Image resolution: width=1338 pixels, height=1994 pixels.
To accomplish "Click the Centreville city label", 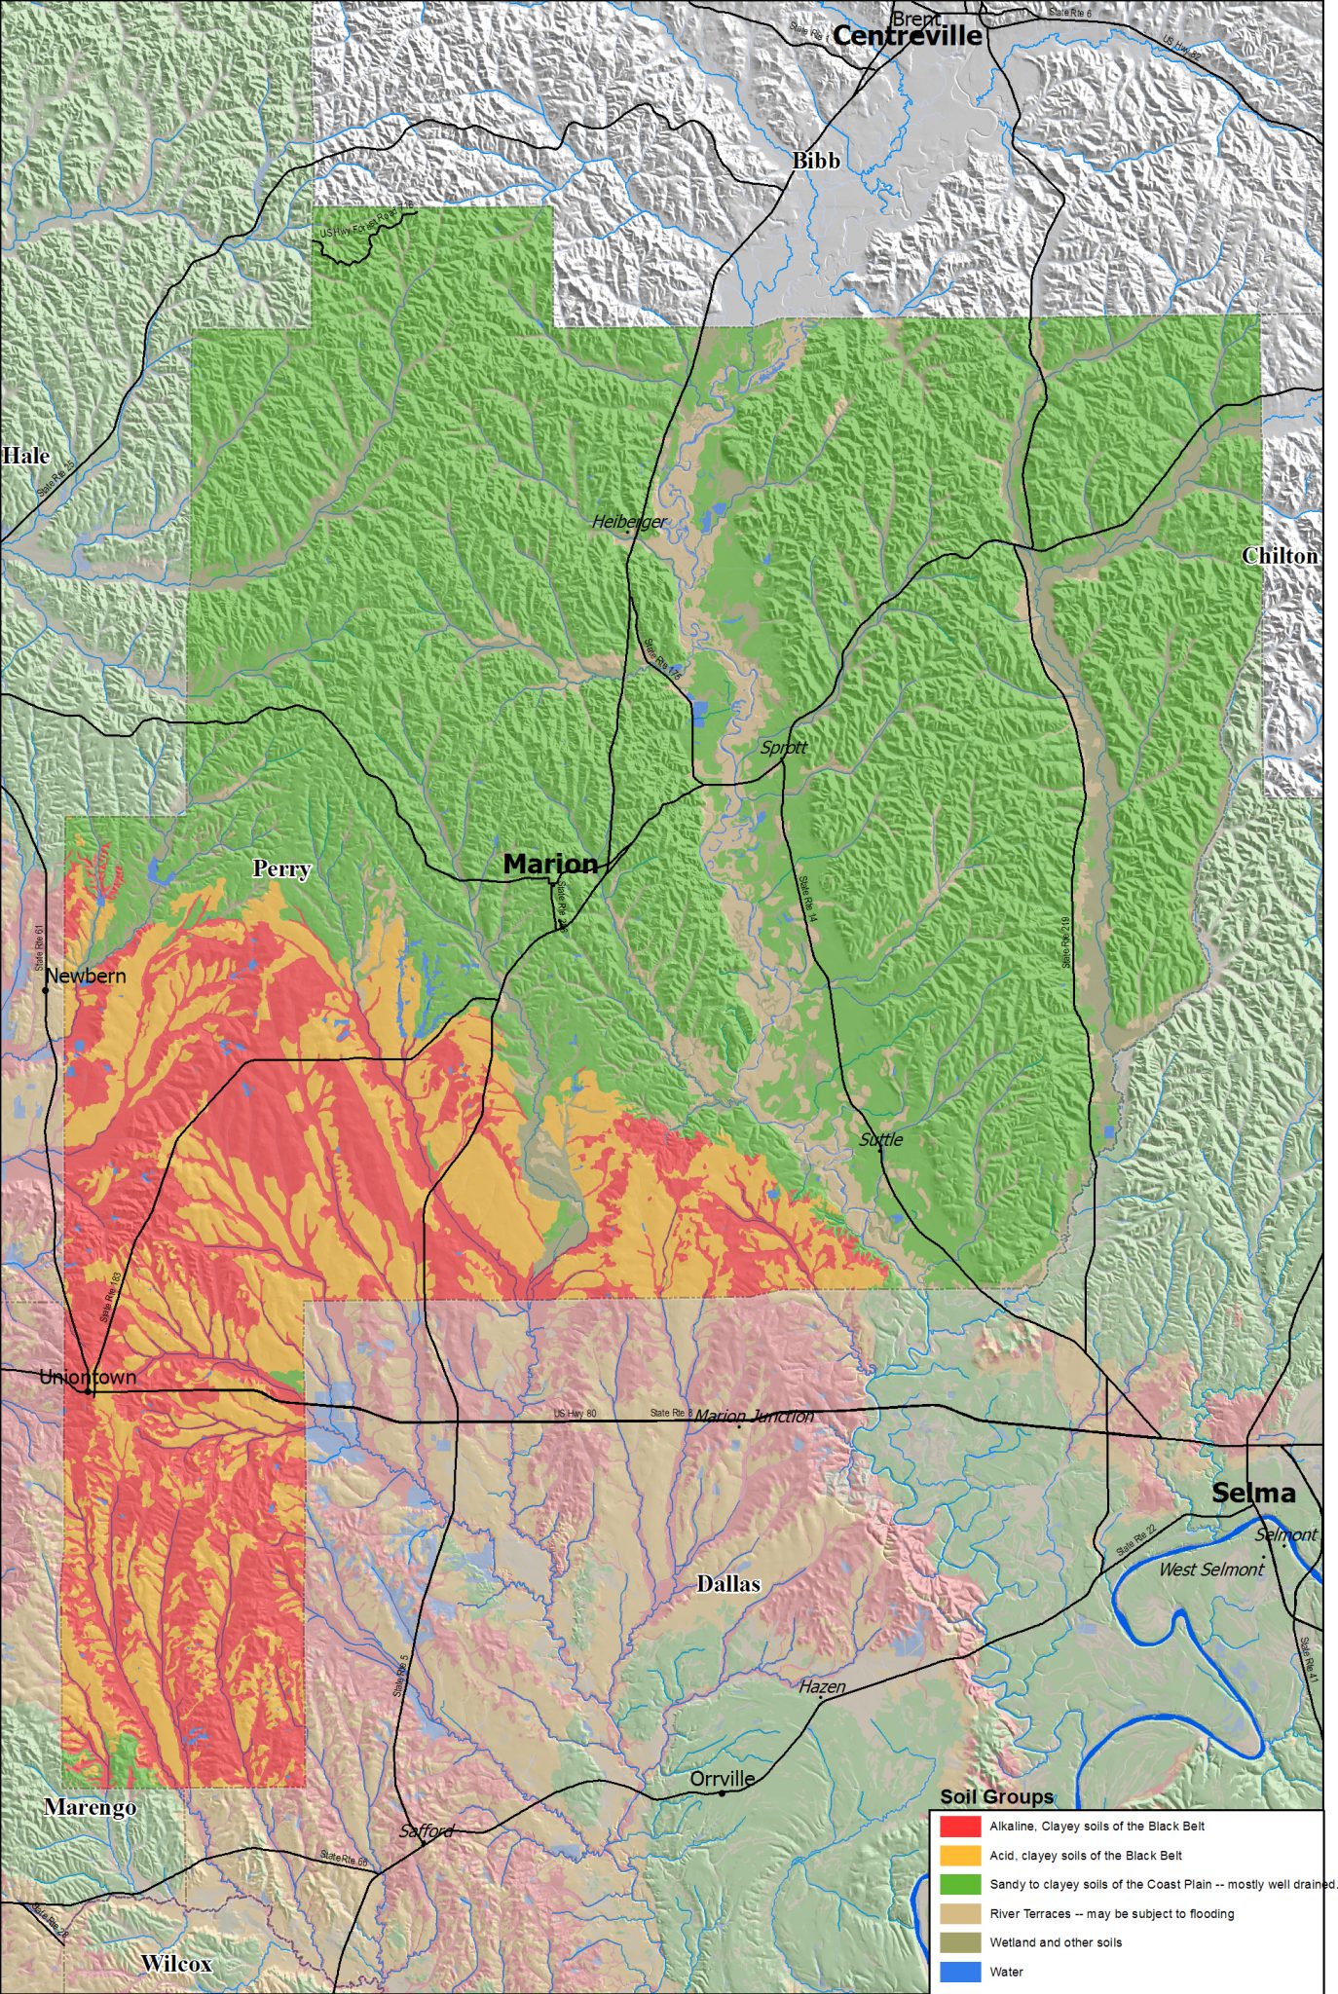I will pos(907,36).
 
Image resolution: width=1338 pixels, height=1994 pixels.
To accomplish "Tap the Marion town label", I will pos(550,864).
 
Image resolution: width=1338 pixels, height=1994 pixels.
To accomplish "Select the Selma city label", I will pos(1253,1493).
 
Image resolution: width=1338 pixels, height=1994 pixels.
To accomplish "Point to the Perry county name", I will pos(281,868).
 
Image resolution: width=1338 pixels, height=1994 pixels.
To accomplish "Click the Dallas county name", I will pos(728,1584).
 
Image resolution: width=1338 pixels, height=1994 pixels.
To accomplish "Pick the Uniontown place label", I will pos(88,1377).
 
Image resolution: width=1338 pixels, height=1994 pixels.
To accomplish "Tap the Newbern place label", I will pos(86,976).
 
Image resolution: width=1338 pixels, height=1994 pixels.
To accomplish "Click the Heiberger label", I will pos(629,522).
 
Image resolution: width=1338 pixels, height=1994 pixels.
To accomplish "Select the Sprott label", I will pos(784,748).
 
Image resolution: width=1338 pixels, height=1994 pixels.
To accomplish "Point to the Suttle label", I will pos(881,1139).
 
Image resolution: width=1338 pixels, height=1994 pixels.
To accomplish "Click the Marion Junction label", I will pos(755,1416).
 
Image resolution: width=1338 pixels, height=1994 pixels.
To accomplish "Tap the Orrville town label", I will pos(723,1779).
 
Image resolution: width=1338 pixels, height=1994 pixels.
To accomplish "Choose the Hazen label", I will pos(822,1686).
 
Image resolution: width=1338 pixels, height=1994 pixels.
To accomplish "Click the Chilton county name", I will pos(1280,556).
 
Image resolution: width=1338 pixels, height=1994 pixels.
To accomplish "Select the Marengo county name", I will pos(91,1807).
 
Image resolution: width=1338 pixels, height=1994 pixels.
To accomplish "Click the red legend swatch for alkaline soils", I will pos(959,1826).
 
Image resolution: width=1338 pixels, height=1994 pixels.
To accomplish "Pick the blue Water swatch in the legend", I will pos(959,1972).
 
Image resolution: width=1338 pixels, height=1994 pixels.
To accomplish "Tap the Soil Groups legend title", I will pos(996,1796).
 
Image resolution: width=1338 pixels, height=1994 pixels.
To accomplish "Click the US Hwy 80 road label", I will pos(575,1414).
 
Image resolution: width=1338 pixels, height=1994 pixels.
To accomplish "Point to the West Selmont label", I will pos(1210,1569).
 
